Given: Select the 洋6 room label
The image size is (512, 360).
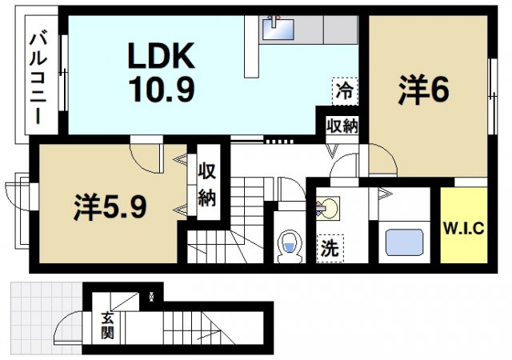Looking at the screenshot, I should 423,90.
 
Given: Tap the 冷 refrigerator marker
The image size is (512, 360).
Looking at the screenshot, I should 344,90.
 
